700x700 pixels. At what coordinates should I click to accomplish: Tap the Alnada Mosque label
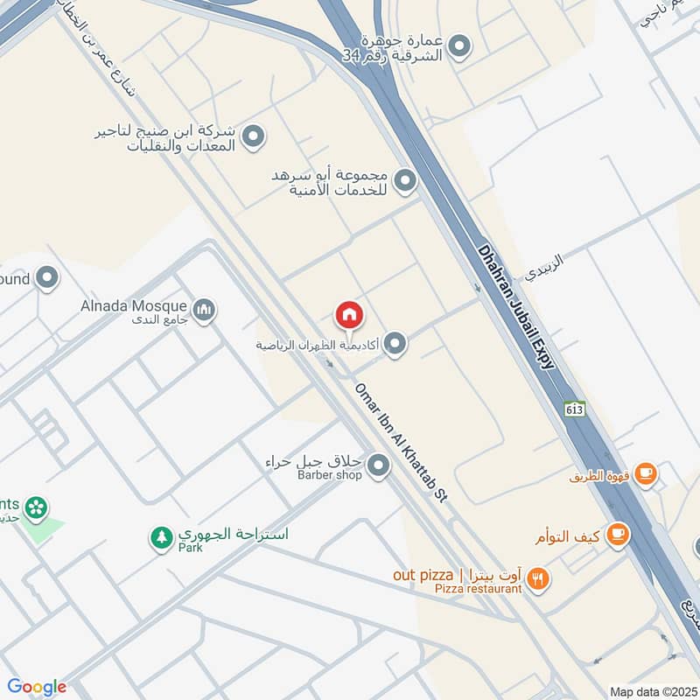coord(134,306)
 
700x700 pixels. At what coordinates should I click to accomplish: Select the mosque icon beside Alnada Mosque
coord(205,310)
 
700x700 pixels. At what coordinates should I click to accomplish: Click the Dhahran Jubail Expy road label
coord(517,306)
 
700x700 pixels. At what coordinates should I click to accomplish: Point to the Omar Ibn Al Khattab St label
coord(400,443)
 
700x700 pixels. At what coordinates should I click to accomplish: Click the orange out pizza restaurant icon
coord(538,577)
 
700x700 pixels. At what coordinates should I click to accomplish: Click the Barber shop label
coord(329,475)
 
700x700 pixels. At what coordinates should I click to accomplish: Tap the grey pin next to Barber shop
coord(378,466)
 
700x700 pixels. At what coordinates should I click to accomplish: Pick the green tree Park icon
coord(161,537)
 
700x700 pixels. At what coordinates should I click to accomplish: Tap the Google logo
coord(37,687)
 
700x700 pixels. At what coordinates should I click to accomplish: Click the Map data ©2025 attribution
coord(652,691)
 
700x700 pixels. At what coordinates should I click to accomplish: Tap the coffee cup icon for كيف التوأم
coord(617,533)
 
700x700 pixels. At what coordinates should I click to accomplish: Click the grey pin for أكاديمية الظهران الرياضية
coord(395,344)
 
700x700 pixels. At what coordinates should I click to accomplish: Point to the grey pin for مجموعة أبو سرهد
coord(405,182)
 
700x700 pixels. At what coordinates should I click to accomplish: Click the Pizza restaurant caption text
coord(478,589)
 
